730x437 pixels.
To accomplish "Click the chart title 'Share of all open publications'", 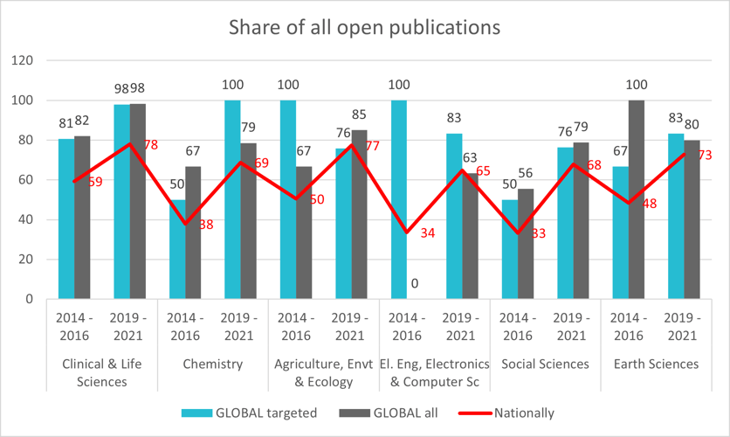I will click(x=364, y=27).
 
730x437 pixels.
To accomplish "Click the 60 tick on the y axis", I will click(x=25, y=180).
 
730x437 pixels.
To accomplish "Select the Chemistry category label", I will click(x=212, y=364).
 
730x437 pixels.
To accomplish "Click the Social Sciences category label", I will click(x=546, y=364).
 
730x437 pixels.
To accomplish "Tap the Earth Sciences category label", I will click(x=657, y=364).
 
